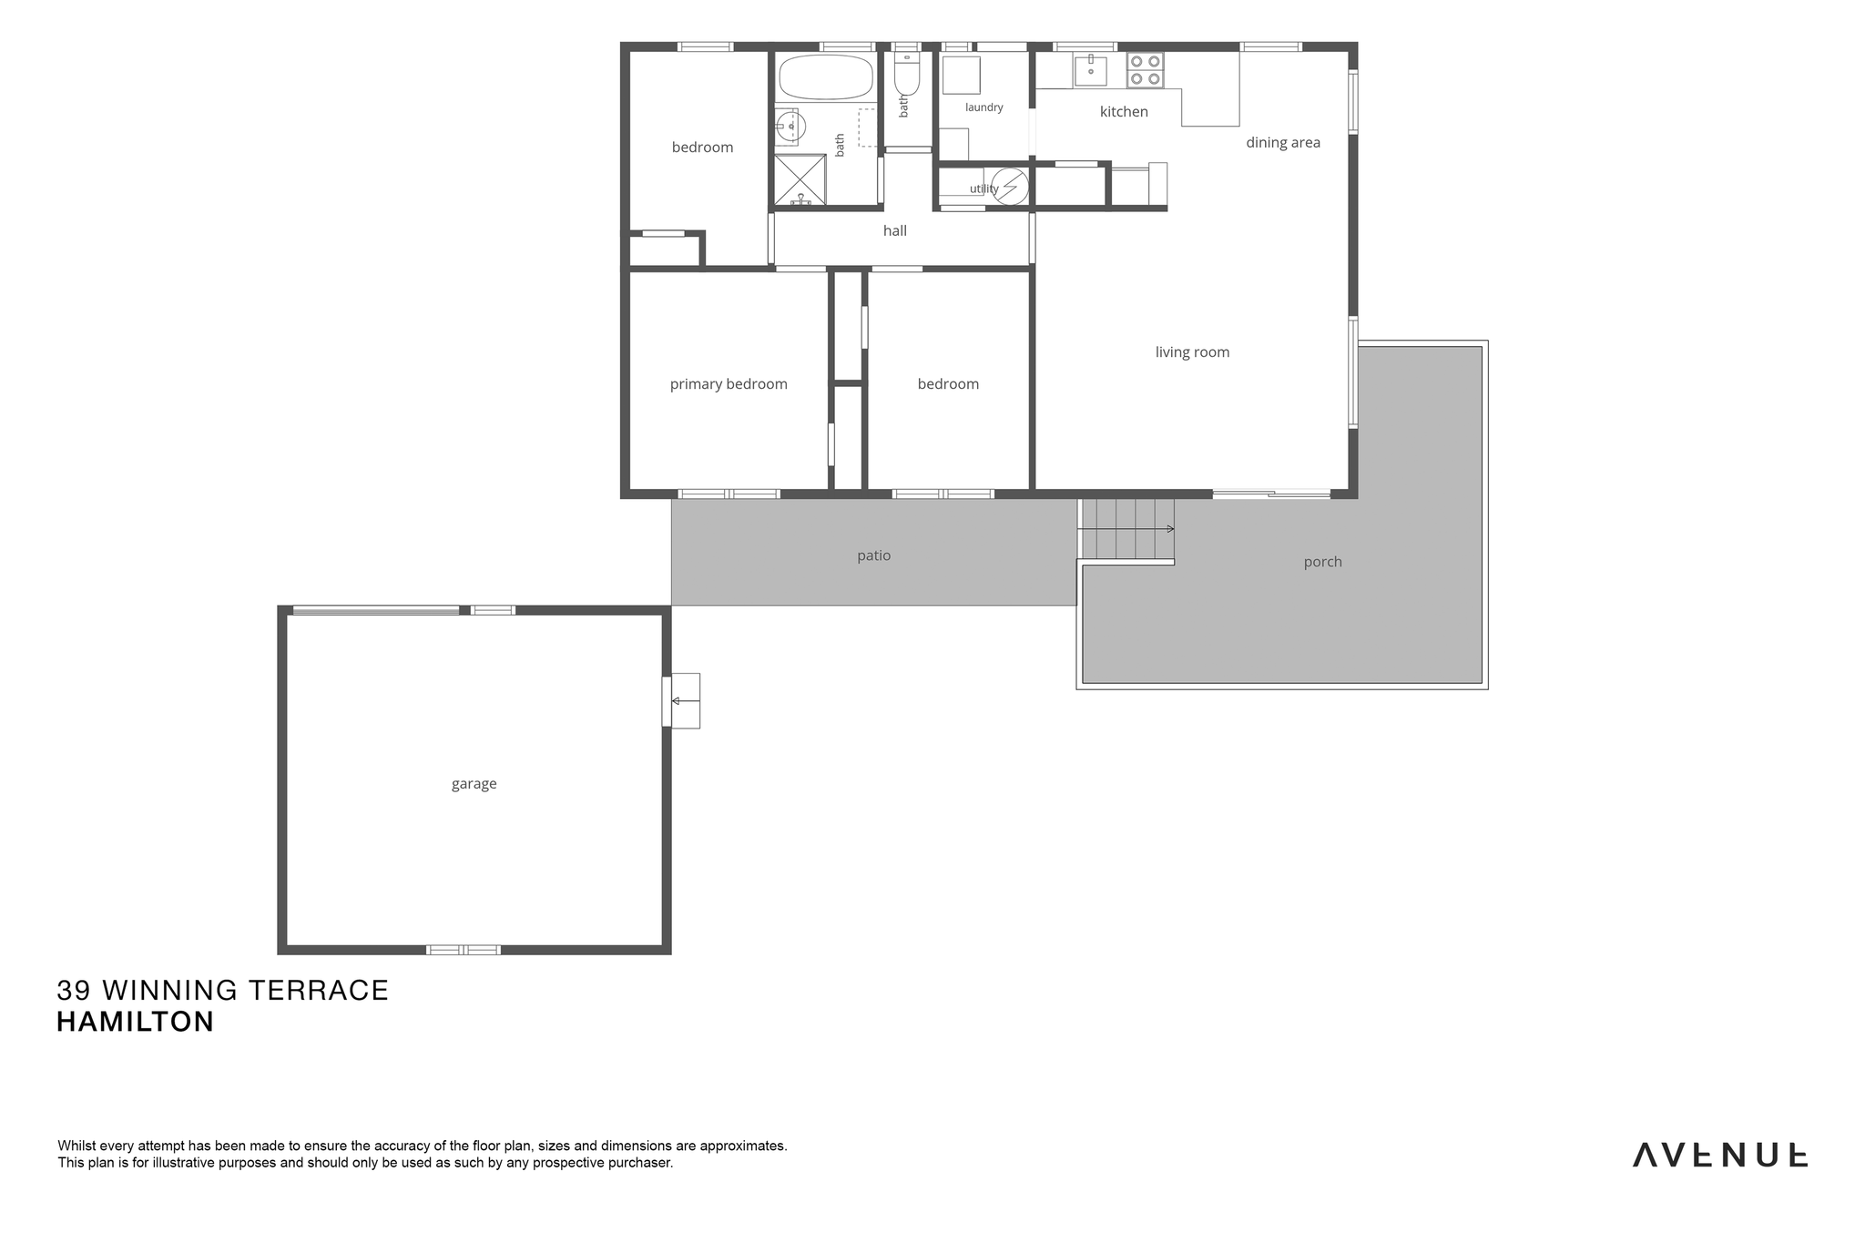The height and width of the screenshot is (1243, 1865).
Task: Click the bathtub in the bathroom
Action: coord(826,76)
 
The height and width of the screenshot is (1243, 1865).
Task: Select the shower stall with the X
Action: coord(800,179)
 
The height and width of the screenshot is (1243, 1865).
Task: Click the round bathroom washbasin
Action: coord(790,127)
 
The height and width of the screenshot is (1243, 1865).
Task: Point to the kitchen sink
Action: coord(1090,69)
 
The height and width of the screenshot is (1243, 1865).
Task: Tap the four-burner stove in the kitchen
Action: coord(1146,70)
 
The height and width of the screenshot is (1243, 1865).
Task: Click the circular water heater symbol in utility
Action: coord(1009,187)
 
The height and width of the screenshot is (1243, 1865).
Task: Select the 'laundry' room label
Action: coord(983,107)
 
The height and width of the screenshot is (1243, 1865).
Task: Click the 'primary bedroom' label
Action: coord(729,384)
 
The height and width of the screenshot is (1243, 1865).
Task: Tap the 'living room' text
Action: coord(1192,352)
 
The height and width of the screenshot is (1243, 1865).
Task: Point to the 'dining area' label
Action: coord(1283,142)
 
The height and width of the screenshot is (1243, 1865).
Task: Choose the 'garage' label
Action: coord(474,784)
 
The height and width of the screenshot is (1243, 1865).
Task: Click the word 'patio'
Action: coord(874,555)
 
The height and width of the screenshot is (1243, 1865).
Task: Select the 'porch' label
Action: coord(1323,562)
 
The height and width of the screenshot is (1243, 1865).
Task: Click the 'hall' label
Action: coord(895,230)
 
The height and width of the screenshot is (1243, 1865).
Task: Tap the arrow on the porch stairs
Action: coord(1126,528)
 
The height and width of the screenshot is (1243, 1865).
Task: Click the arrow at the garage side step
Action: coord(686,700)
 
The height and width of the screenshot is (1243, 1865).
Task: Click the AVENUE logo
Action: coord(1719,1155)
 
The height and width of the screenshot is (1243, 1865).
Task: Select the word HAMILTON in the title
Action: coord(136,1022)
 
